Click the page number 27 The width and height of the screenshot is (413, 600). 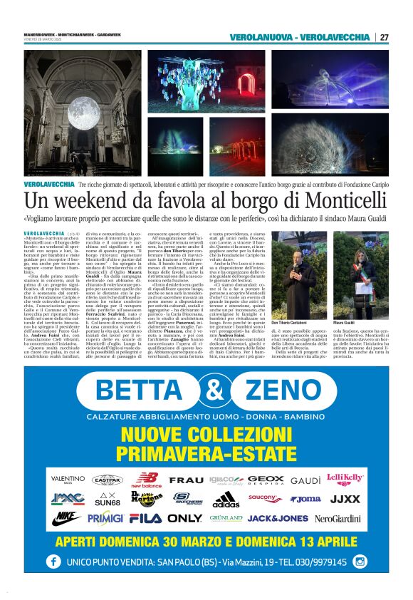pos(384,37)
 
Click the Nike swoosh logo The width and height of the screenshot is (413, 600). pos(66,518)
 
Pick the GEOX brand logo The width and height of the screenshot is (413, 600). pos(266,480)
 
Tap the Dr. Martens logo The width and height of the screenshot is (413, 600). pos(147,498)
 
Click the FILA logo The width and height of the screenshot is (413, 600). pos(145,518)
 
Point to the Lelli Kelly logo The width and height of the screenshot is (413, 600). pos(345,480)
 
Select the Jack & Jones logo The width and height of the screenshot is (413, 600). pos(277,518)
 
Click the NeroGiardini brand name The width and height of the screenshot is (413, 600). pos(337,518)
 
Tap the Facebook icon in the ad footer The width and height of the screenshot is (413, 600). pos(53,562)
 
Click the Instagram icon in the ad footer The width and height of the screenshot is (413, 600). pos(360,562)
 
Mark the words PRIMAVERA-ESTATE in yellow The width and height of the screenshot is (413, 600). pos(206,453)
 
